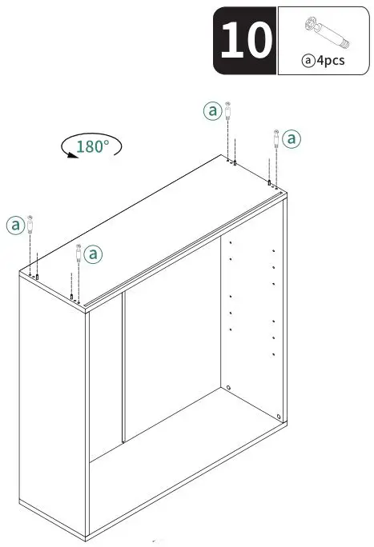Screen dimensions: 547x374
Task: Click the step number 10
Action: point(244,40)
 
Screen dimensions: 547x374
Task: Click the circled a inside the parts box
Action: point(308,61)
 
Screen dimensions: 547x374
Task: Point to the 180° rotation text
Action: point(94,146)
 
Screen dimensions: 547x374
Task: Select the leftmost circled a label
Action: point(15,225)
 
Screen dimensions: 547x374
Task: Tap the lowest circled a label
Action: point(93,254)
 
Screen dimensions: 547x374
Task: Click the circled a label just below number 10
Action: point(212,111)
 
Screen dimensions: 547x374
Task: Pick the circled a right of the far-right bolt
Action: point(292,138)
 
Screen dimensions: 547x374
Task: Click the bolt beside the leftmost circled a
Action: point(33,225)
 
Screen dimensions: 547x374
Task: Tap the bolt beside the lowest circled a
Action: point(78,254)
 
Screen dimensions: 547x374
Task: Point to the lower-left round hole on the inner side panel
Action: point(229,387)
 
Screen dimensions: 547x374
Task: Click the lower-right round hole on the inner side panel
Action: point(278,416)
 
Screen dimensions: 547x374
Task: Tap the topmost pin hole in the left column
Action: point(231,241)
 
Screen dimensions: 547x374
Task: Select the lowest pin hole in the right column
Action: point(274,353)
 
